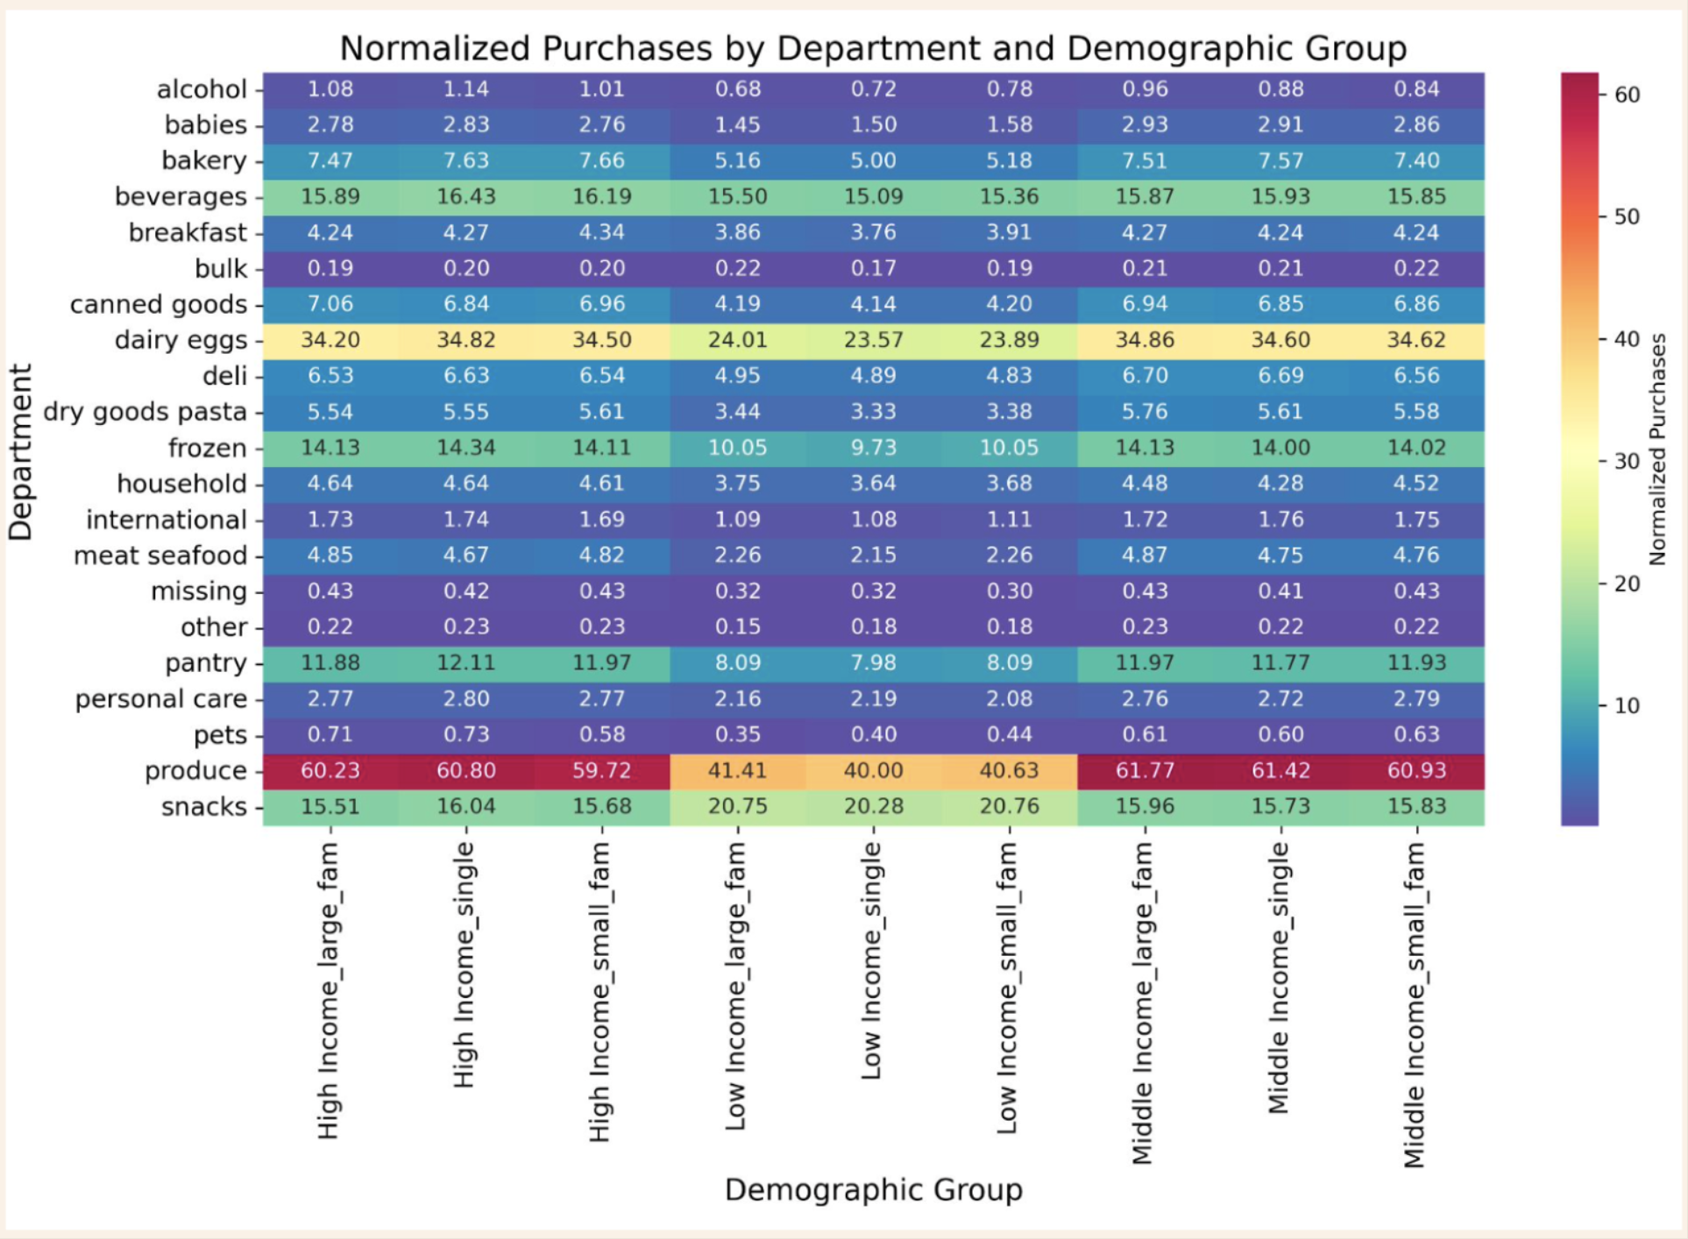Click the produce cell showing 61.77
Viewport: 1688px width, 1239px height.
(1145, 770)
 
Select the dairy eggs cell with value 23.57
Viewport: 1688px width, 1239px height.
(873, 340)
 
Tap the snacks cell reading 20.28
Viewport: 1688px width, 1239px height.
(873, 806)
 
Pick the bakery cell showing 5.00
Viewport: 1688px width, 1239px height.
(873, 160)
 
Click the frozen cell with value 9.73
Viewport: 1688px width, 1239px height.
(873, 448)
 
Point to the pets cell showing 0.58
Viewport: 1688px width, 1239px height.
(601, 734)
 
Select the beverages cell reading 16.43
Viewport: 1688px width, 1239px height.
(465, 196)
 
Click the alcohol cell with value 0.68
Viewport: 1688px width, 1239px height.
(737, 88)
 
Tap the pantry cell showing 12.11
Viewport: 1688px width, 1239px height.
(465, 662)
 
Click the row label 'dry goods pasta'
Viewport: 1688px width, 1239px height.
(145, 412)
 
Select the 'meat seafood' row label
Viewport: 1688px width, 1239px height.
(160, 556)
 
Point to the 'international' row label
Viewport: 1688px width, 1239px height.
(166, 520)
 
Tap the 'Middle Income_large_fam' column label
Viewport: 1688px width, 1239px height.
(1142, 1002)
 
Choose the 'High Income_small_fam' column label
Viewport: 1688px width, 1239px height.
(599, 992)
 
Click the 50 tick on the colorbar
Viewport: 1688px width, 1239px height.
(1627, 216)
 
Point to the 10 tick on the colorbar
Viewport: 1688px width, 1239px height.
(1627, 705)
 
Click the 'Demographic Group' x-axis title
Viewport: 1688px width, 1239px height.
(873, 1190)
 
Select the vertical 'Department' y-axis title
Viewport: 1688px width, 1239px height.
(20, 451)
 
